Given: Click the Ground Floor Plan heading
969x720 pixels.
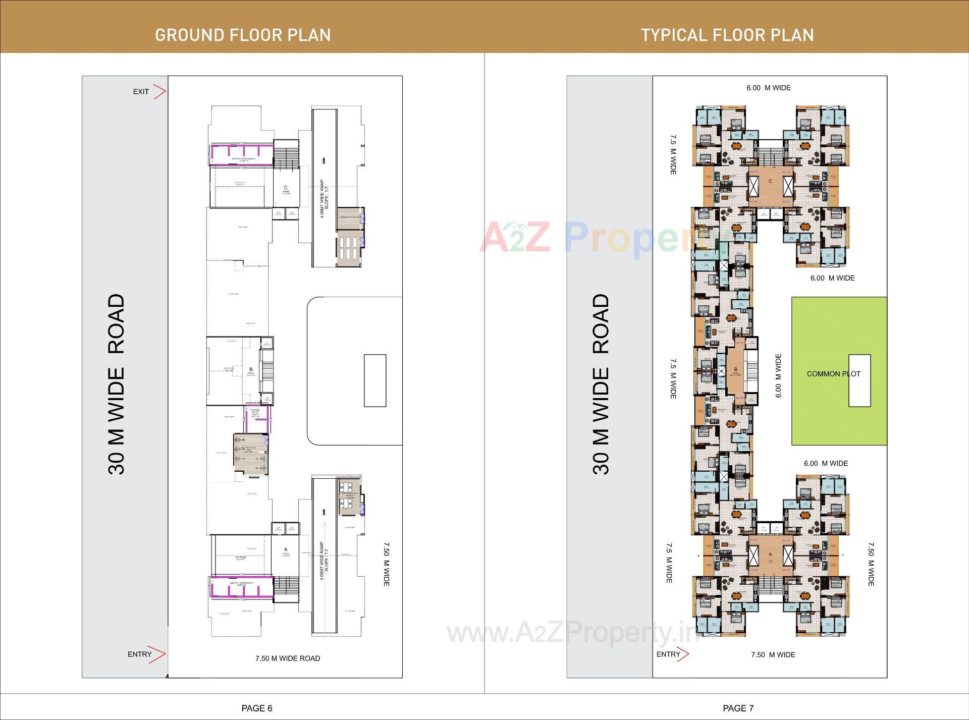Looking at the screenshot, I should (243, 35).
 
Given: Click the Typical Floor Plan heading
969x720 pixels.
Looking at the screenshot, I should (727, 35).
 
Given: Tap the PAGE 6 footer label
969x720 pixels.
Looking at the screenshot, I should (257, 708).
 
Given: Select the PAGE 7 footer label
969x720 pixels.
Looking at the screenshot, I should (738, 708).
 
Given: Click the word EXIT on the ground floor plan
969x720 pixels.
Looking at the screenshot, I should (141, 92).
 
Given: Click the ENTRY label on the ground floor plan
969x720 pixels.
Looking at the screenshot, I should (139, 654).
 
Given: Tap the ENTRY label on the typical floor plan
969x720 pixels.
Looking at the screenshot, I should (668, 654).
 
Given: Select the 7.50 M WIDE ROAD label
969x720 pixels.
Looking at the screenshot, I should (288, 658).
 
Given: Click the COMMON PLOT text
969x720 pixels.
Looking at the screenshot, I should (833, 374).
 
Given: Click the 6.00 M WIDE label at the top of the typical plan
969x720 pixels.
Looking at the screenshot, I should (769, 88).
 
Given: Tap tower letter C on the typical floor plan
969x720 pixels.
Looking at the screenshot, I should (770, 181).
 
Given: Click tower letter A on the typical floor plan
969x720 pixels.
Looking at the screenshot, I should (770, 554).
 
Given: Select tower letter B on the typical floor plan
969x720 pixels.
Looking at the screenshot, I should (736, 369).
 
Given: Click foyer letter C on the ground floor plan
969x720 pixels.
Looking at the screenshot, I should (286, 188).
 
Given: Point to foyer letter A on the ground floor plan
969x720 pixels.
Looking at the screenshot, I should (286, 549).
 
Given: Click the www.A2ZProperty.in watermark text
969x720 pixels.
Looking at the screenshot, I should (573, 634).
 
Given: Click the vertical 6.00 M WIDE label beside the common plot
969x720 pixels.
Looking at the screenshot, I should (778, 375).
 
